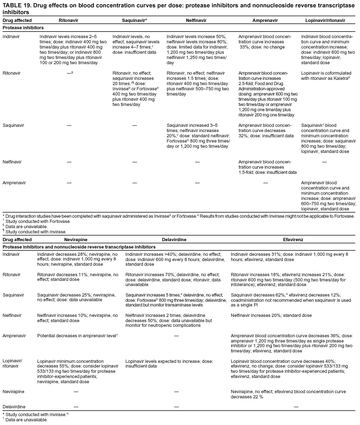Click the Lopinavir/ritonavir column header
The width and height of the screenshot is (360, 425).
[x=327, y=20]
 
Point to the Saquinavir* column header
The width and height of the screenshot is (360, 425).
[x=134, y=20]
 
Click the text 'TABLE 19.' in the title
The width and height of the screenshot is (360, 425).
[x=17, y=5]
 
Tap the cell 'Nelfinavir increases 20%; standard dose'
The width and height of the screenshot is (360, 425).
[x=271, y=315]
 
